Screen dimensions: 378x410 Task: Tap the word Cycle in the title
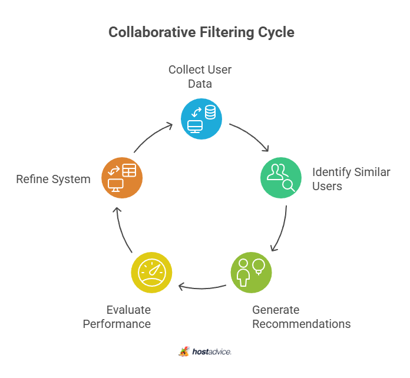[x=274, y=32]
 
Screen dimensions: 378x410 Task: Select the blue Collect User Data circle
[x=201, y=118]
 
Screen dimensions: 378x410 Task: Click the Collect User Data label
[x=200, y=77]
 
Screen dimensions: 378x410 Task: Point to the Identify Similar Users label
[x=351, y=179]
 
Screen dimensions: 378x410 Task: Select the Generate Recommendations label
[x=301, y=317]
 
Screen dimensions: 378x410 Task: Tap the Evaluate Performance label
[x=117, y=317]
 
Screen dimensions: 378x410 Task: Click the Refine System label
[x=53, y=179]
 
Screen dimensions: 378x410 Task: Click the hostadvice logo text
[x=211, y=352]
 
